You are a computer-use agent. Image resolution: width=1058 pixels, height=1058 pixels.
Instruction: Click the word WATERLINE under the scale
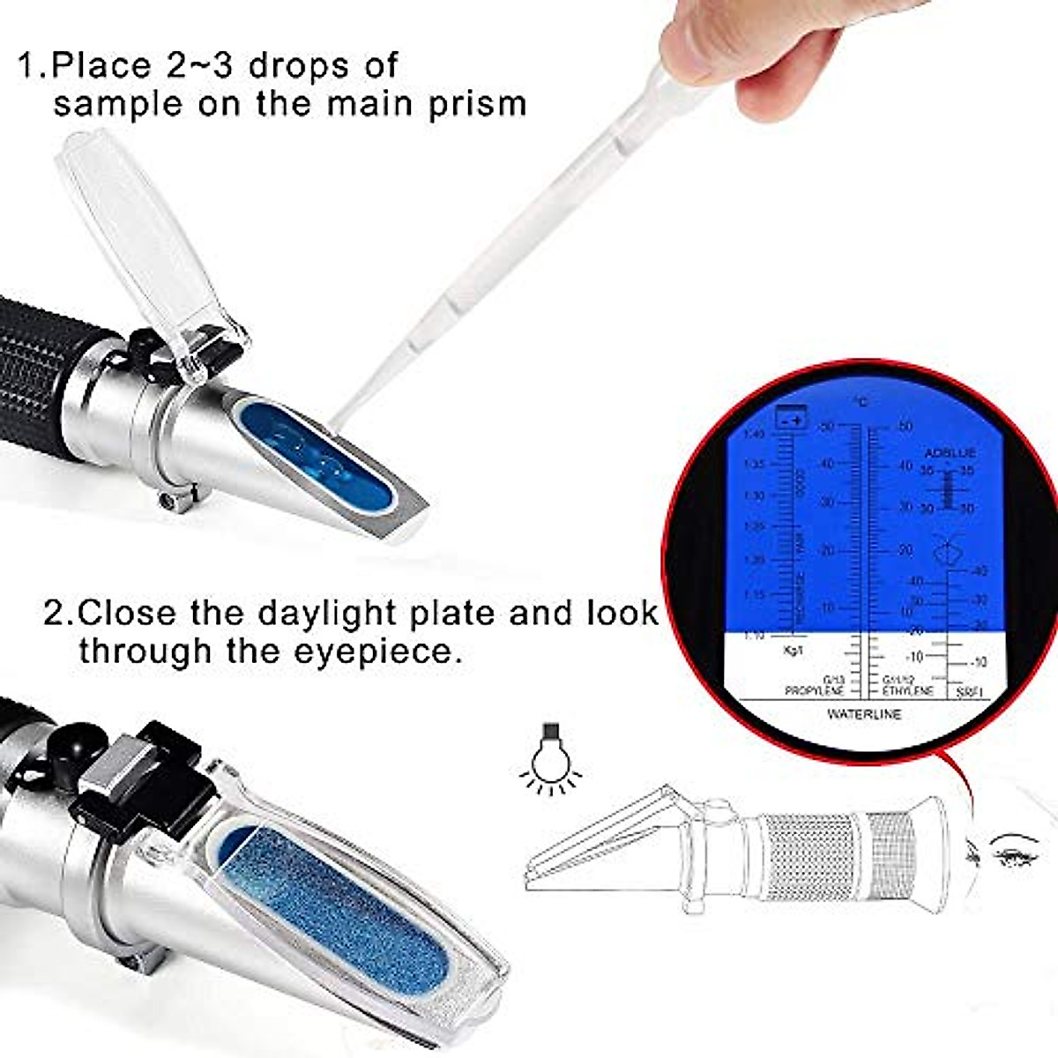tap(863, 714)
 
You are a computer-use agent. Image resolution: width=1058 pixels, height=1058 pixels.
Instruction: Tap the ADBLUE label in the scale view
tap(950, 452)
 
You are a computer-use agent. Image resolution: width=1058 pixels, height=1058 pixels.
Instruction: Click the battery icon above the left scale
tap(790, 421)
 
